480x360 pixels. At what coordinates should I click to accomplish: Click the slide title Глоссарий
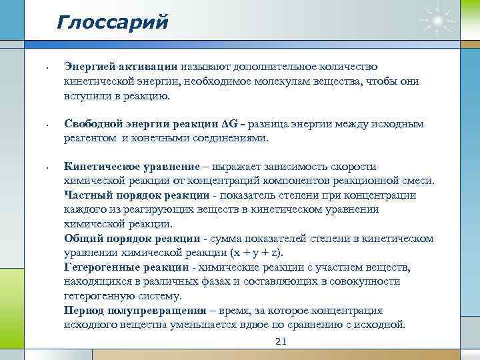coord(112,22)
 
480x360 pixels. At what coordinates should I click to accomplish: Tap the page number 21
coord(281,343)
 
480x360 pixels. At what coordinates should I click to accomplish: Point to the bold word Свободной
coord(93,124)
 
